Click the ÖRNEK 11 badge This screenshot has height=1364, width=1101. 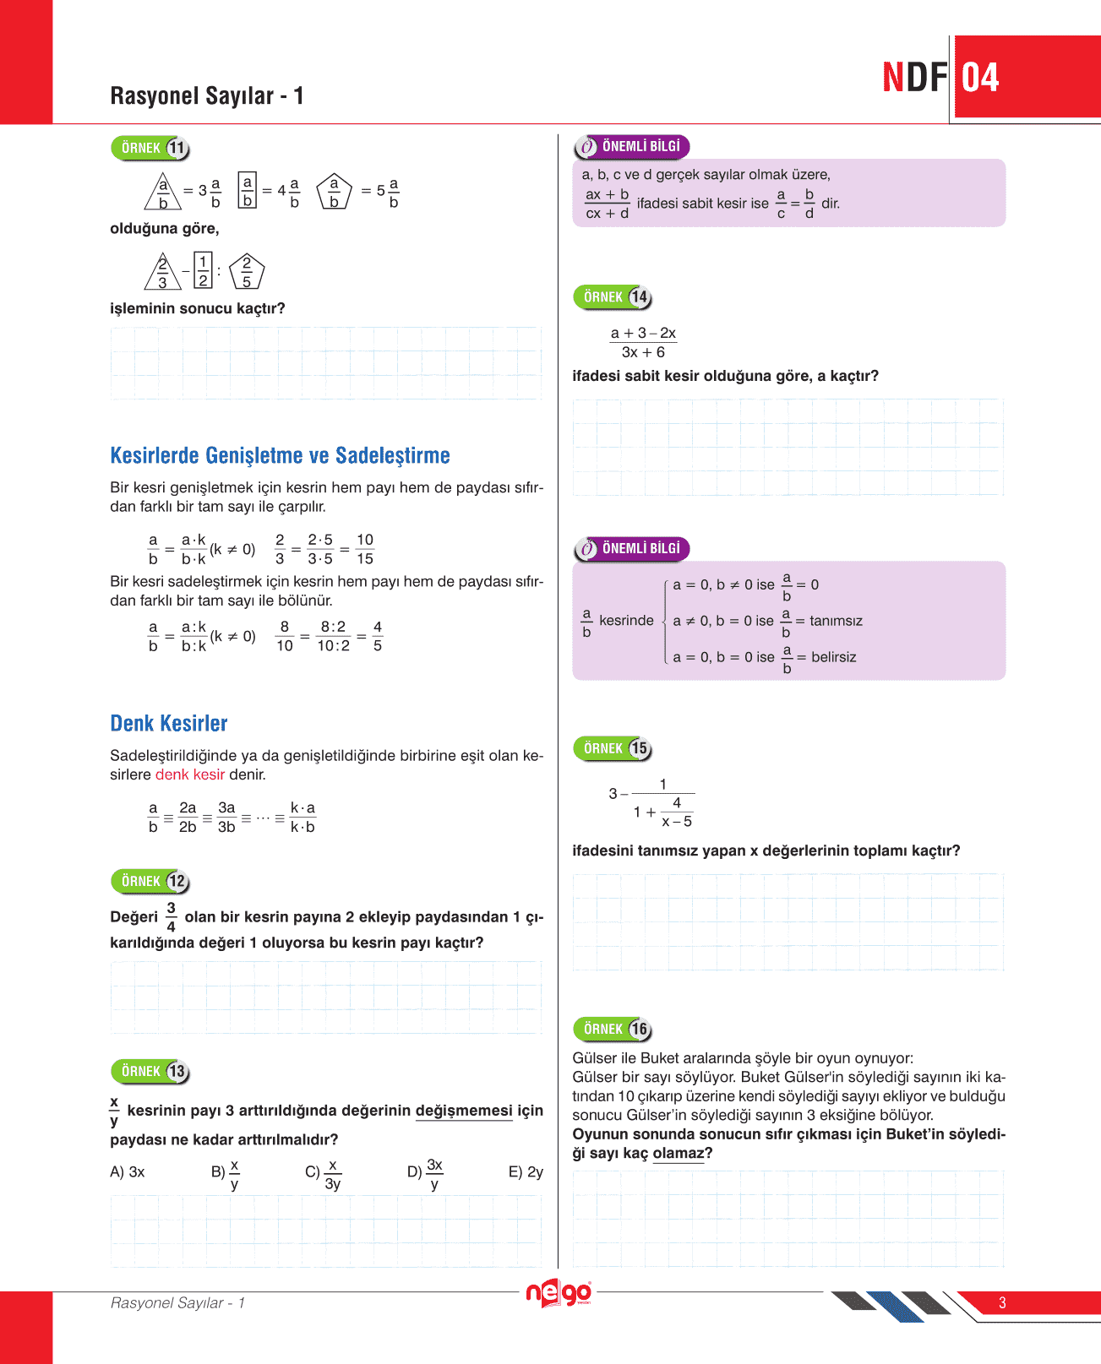coord(150,149)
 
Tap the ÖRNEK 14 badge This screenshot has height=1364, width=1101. coord(613,297)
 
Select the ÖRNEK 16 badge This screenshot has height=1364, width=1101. coord(613,1030)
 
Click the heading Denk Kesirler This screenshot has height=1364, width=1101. coord(169,724)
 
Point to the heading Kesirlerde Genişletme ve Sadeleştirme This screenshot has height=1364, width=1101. coord(280,456)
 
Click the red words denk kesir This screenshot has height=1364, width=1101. coord(190,774)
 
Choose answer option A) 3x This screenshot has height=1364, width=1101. coord(128,1172)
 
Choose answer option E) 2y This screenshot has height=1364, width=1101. coord(526,1172)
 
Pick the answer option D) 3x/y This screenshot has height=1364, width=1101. coord(426,1173)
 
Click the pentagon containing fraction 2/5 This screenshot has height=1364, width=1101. coord(247,272)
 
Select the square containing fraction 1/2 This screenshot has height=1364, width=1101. coord(203,271)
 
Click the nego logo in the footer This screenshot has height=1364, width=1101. coord(559,1294)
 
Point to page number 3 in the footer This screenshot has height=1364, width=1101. coord(1002,1302)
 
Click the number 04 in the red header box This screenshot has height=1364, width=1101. coord(980,78)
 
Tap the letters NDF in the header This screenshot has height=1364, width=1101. coord(914,78)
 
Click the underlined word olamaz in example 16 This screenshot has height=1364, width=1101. coord(678,1154)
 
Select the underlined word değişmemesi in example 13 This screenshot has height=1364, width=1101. coord(464,1111)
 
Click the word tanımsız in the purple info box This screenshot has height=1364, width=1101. coord(836,621)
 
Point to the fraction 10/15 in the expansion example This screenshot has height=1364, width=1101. coord(365,549)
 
